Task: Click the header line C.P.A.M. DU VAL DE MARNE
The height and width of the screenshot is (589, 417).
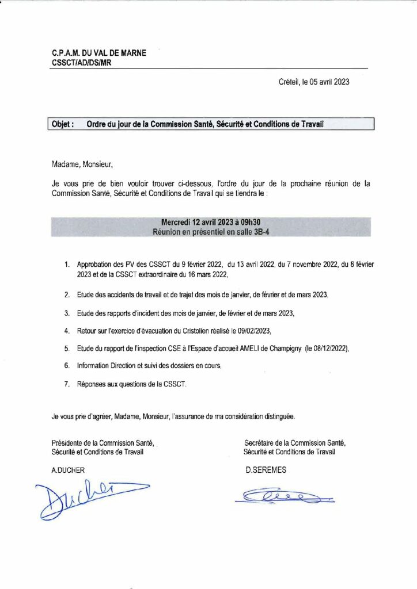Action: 98,53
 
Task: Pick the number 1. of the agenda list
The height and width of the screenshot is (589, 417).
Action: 67,265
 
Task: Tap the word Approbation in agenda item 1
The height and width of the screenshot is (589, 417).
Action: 94,265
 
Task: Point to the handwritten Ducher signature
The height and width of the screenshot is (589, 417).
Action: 86,497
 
